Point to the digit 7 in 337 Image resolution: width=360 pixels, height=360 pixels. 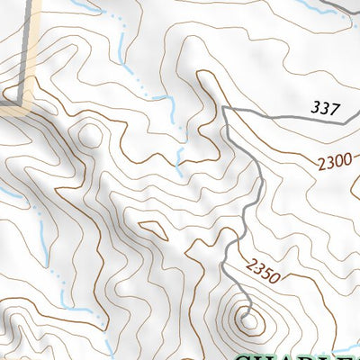[336, 110]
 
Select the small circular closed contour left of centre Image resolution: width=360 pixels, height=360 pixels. [90, 136]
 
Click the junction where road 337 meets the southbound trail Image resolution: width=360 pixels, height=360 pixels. [224, 108]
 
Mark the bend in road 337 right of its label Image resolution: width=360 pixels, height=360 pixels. [345, 117]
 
